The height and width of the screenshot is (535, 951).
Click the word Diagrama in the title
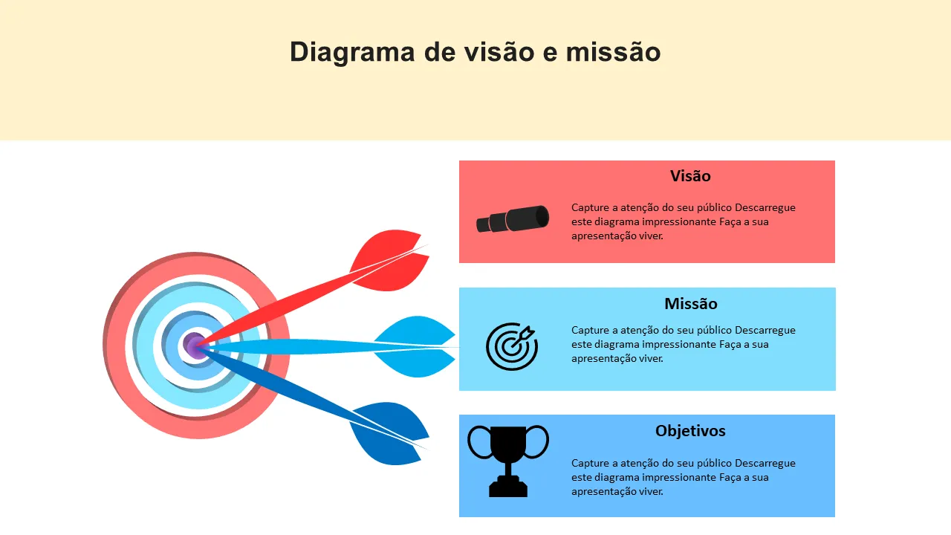pyautogui.click(x=352, y=53)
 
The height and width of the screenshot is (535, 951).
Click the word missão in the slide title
pyautogui.click(x=613, y=52)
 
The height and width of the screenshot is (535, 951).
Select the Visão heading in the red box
pyautogui.click(x=690, y=176)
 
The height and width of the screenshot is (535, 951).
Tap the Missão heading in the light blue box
pyautogui.click(x=691, y=304)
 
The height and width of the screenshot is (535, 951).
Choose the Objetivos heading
pyautogui.click(x=690, y=431)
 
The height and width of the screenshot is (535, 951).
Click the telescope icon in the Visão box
pyautogui.click(x=513, y=219)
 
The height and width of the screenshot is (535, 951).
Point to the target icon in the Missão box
pyautogui.click(x=512, y=346)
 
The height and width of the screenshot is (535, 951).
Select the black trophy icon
pyautogui.click(x=508, y=461)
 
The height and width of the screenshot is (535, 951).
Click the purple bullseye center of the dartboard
pyautogui.click(x=195, y=346)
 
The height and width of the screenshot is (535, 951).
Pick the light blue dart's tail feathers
pyautogui.click(x=415, y=346)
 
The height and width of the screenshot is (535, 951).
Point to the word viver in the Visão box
pyautogui.click(x=651, y=236)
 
